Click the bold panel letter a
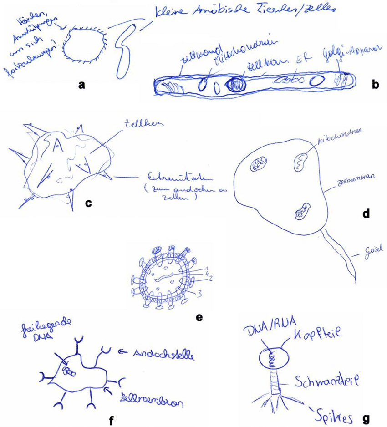tap(82, 84)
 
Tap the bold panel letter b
tap(375, 84)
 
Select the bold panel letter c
tap(89, 203)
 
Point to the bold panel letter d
tap(365, 213)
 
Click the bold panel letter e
tap(199, 318)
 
